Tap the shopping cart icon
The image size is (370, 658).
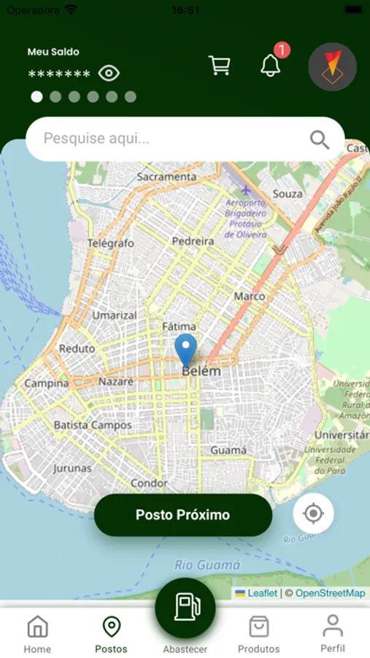219,65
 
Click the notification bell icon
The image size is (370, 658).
270,65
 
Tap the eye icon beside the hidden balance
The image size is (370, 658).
109,73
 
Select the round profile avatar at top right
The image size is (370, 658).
332,67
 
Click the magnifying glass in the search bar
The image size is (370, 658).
320,139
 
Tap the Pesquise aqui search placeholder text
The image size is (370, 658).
96,138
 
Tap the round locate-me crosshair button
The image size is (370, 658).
313,513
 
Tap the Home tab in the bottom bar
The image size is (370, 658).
37,633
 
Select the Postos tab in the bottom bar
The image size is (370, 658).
111,633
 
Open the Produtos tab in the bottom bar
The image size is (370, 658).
258,633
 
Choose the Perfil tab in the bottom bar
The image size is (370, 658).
333,633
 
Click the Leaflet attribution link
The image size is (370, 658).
262,593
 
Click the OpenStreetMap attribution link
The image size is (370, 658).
330,593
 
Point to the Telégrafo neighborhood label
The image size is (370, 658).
111,242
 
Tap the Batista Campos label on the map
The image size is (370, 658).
93,425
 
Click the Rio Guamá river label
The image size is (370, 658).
208,564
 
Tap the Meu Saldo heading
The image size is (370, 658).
53,52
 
